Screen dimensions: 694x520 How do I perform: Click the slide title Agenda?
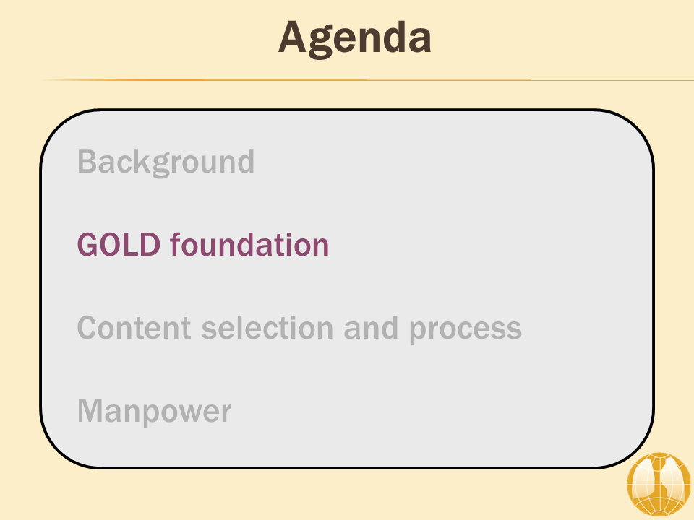pos(354,39)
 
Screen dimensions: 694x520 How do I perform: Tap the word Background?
pos(166,162)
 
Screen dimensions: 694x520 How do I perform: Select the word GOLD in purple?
pos(119,245)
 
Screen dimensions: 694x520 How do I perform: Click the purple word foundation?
pos(249,244)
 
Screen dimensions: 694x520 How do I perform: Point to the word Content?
pos(134,328)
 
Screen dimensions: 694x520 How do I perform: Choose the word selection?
pos(267,328)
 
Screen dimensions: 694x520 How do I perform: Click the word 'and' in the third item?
pos(371,328)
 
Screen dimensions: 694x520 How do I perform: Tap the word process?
pos(466,330)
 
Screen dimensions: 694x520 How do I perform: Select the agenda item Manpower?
pos(155,411)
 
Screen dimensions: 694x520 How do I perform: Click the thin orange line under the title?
pos(367,80)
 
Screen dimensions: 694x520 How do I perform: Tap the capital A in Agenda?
pos(293,37)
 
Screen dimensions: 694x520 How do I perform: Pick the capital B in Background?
pos(87,162)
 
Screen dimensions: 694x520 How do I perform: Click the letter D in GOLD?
pos(149,245)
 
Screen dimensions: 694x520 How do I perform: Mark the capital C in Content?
pos(88,328)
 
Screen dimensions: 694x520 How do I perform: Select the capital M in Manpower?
pos(91,411)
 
